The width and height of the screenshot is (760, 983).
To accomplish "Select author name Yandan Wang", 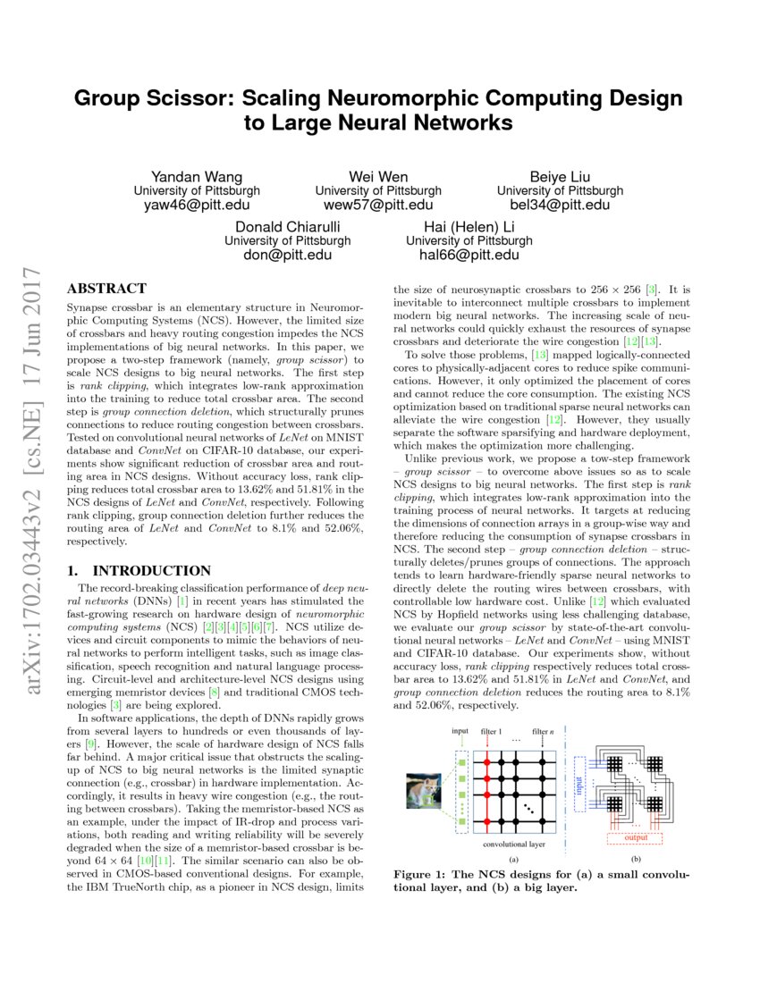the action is pyautogui.click(x=197, y=176).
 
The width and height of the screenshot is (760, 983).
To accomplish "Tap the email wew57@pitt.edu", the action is pyautogui.click(x=378, y=206).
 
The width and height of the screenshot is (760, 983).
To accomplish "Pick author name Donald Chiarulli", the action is pyautogui.click(x=287, y=226).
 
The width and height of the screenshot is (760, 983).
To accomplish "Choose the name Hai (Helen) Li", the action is pyautogui.click(x=469, y=226).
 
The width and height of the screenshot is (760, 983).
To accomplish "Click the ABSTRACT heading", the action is pyautogui.click(x=107, y=289).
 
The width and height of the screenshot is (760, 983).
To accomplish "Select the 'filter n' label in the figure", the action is pyautogui.click(x=543, y=731).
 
